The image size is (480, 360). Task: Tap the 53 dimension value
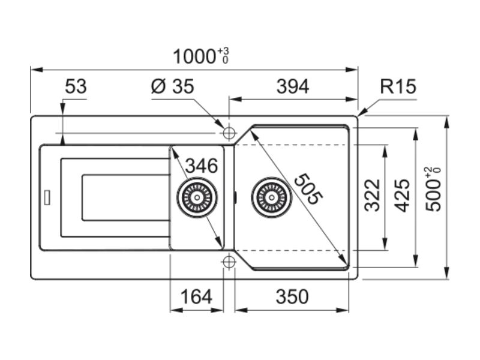pos(76,87)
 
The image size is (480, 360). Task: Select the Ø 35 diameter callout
pos(172,87)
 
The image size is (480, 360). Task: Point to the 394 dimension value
pos(292,87)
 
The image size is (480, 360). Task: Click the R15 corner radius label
pos(397,87)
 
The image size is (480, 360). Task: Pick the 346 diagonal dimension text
pos(200,166)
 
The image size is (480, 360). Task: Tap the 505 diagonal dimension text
pos(308,190)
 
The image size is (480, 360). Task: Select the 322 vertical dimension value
pos(373,195)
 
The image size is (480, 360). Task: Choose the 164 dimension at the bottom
pos(196,296)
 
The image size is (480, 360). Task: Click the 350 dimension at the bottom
pos(292,296)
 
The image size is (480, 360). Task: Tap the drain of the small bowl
pos(196,196)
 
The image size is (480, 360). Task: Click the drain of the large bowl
pos(272,196)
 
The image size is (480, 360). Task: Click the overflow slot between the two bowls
pos(235,196)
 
